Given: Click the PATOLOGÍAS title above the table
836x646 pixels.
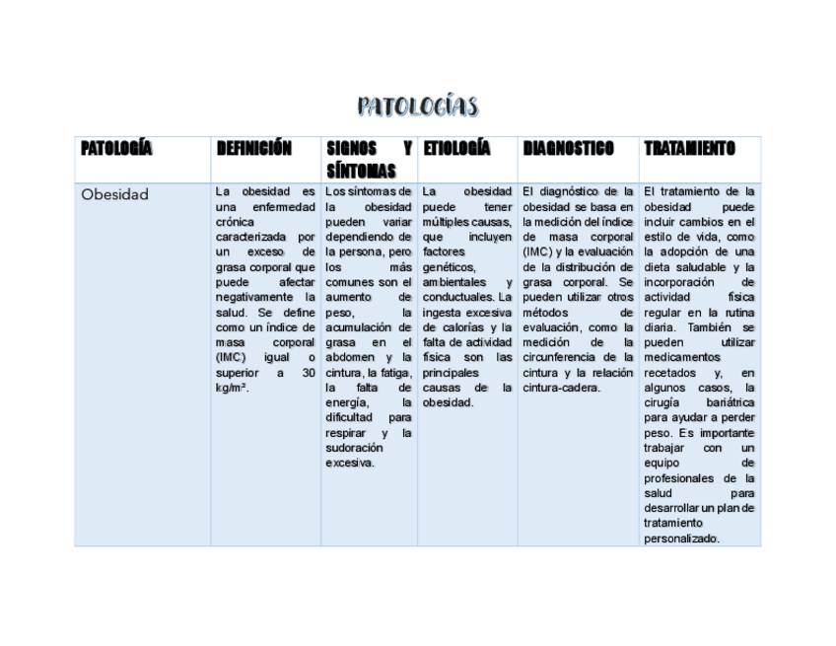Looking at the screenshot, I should (417, 107).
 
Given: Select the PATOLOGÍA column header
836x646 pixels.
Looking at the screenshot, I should (116, 149).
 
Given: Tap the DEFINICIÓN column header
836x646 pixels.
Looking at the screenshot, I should (254, 149).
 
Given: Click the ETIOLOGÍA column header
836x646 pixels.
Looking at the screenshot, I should (456, 149).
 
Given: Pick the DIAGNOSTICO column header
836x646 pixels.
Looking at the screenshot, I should (568, 149).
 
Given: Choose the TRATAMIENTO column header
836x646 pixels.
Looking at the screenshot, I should (689, 149).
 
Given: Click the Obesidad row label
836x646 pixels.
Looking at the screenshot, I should (114, 194).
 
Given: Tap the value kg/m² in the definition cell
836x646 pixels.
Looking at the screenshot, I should (232, 389).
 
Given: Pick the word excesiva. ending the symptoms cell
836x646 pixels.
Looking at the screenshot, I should (350, 463).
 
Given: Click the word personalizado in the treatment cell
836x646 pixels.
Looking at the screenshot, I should (681, 538).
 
